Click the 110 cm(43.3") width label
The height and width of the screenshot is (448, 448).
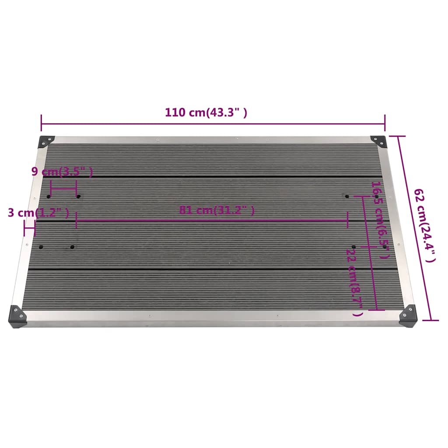pyautogui.click(x=206, y=112)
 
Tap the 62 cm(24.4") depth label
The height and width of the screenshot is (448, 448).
pyautogui.click(x=425, y=226)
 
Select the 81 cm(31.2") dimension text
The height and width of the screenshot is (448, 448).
pyautogui.click(x=217, y=210)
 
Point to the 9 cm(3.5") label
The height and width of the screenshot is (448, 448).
pyautogui.click(x=62, y=171)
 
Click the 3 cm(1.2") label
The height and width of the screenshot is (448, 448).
pyautogui.click(x=38, y=213)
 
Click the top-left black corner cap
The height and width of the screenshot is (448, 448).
pyautogui.click(x=46, y=141)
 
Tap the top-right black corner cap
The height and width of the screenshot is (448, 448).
pyautogui.click(x=378, y=141)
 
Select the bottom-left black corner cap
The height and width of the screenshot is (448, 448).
pyautogui.click(x=18, y=315)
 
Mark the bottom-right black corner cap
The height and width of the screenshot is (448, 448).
pyautogui.click(x=408, y=315)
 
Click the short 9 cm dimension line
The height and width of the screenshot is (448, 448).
pyautogui.click(x=63, y=189)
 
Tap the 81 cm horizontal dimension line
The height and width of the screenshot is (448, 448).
pyautogui.click(x=212, y=220)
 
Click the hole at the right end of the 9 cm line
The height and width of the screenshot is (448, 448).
pyautogui.click(x=78, y=196)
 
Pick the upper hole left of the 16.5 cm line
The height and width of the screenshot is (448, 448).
pyautogui.click(x=347, y=196)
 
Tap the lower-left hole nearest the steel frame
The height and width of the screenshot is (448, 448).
pyautogui.click(x=41, y=247)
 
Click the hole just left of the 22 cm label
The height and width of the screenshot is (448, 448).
pyautogui.click(x=354, y=247)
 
